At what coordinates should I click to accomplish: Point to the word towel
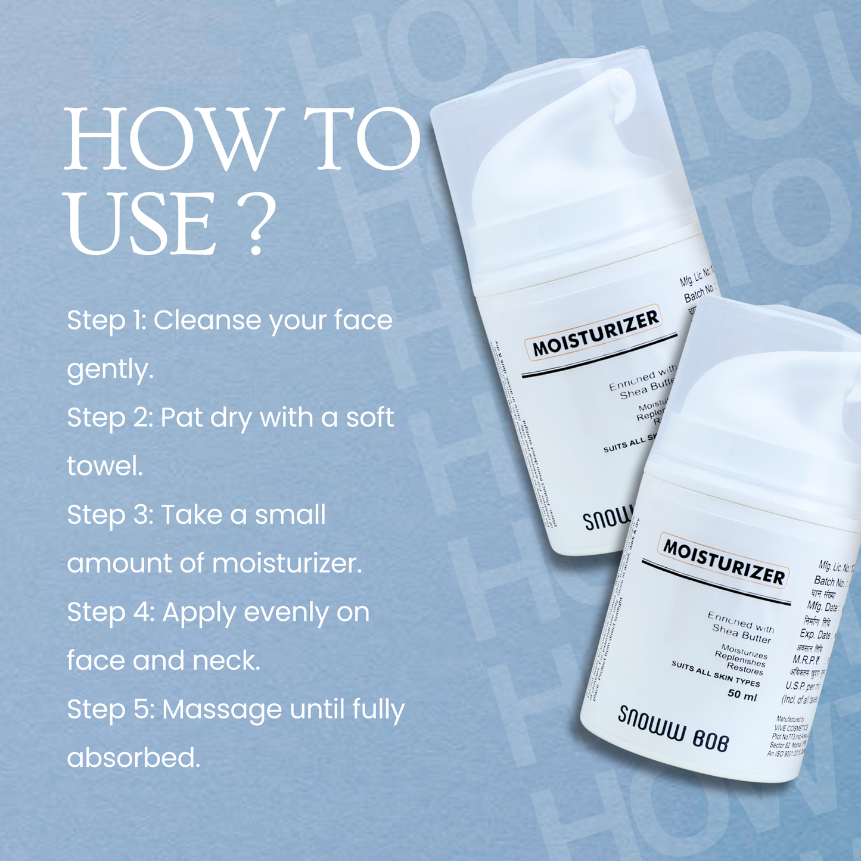[x=105, y=466]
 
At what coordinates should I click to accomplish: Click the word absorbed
[x=133, y=758]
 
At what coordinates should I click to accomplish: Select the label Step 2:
[x=110, y=417]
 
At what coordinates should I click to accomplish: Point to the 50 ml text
[x=742, y=695]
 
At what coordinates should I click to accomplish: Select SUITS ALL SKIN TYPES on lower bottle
[x=716, y=674]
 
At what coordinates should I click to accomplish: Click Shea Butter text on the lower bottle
[x=741, y=633]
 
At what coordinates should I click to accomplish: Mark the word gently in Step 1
[x=110, y=369]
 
